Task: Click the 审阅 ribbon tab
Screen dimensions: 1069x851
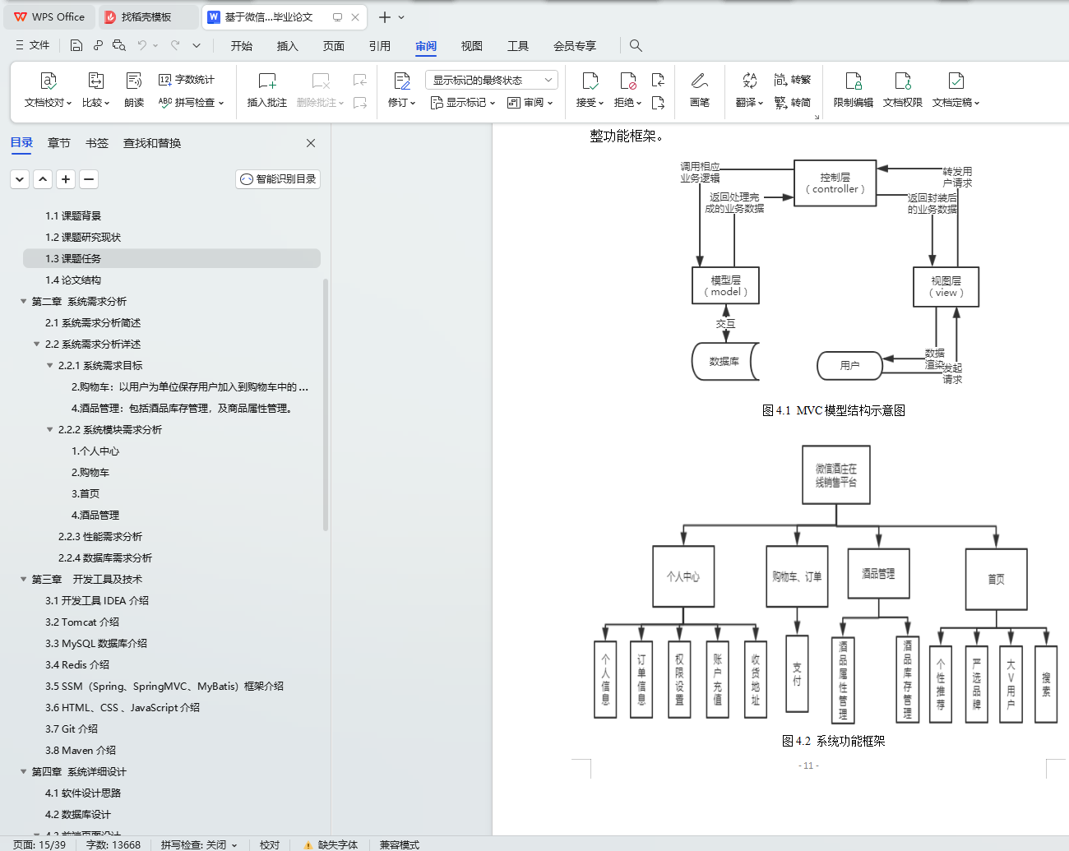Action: pyautogui.click(x=426, y=46)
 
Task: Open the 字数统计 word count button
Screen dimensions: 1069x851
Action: pyautogui.click(x=187, y=80)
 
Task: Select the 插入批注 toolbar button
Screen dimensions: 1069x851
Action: pyautogui.click(x=266, y=90)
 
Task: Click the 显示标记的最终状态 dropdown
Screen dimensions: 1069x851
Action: pyautogui.click(x=491, y=80)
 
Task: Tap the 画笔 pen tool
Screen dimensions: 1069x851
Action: pyautogui.click(x=700, y=90)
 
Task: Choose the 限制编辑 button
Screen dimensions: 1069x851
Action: pyautogui.click(x=853, y=90)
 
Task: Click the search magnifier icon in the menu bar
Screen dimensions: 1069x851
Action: pyautogui.click(x=636, y=46)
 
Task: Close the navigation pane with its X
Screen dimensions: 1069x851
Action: pyautogui.click(x=311, y=143)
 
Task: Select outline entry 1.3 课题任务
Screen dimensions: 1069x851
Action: pyautogui.click(x=73, y=259)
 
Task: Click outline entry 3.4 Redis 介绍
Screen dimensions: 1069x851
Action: pyautogui.click(x=77, y=664)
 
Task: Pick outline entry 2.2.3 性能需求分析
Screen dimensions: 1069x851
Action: pyautogui.click(x=99, y=537)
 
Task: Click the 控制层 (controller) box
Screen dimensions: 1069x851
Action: pyautogui.click(x=835, y=183)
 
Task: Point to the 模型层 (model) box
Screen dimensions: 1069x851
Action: pyautogui.click(x=726, y=285)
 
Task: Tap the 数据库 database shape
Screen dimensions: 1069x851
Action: pyautogui.click(x=724, y=361)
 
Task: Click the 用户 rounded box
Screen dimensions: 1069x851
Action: pyautogui.click(x=849, y=366)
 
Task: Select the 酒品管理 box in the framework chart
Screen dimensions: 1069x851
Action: pyautogui.click(x=878, y=574)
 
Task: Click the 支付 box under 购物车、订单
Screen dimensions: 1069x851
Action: pyautogui.click(x=797, y=673)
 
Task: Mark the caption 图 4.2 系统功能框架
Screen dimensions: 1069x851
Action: pyautogui.click(x=834, y=741)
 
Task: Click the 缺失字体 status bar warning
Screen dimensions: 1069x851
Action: pyautogui.click(x=331, y=844)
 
